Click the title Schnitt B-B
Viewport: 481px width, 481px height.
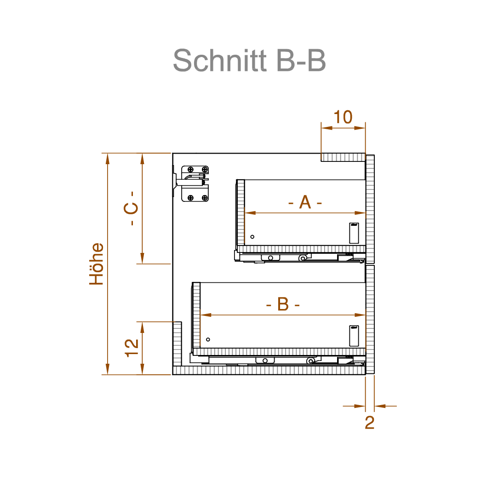point(249,60)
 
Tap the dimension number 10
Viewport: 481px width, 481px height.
point(343,117)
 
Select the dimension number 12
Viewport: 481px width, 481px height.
point(132,348)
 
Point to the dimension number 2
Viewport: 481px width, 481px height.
point(370,423)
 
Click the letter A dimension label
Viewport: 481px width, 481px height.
point(305,202)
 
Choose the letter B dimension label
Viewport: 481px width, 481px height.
point(283,304)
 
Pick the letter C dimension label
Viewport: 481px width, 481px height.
point(131,208)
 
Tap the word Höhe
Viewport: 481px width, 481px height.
point(96,264)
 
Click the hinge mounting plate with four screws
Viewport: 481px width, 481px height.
point(195,184)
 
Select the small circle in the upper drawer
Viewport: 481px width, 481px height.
point(252,237)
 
